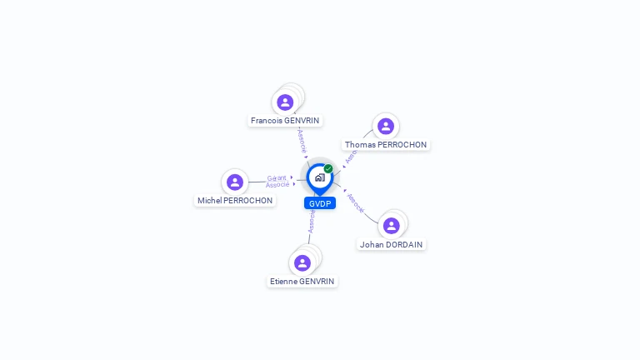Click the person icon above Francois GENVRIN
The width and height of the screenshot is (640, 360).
click(285, 102)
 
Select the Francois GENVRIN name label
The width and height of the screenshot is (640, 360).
click(286, 121)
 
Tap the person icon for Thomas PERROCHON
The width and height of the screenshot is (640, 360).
click(385, 126)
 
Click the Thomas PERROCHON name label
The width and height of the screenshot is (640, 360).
click(386, 145)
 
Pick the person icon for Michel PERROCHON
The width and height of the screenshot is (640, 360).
click(235, 182)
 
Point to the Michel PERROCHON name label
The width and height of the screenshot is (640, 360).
click(235, 201)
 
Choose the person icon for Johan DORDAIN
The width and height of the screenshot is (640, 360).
click(392, 225)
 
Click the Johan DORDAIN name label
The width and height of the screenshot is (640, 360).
click(392, 245)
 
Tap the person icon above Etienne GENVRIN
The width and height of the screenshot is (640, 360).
click(302, 262)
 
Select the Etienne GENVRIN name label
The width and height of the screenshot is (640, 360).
click(302, 282)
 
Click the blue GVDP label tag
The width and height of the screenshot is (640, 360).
click(320, 203)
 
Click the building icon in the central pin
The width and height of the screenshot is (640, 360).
click(319, 177)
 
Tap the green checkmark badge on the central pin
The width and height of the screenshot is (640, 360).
click(328, 168)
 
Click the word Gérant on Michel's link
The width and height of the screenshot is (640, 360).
click(277, 177)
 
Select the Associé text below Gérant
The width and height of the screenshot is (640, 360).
click(277, 184)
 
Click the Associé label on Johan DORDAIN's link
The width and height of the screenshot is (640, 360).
click(356, 202)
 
